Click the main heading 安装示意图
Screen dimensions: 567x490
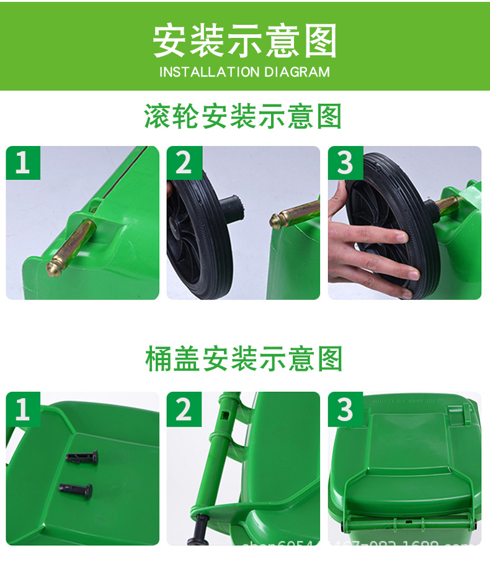pos(245,41)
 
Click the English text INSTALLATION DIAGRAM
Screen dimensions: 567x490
pos(245,72)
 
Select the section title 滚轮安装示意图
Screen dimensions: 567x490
pos(244,116)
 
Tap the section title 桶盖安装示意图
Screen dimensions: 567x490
pos(244,360)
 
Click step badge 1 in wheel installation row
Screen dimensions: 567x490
pos(23,163)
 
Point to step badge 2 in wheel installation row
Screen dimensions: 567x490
pos(184,163)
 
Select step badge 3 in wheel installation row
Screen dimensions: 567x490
pos(345,163)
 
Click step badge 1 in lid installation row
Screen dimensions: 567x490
pos(23,409)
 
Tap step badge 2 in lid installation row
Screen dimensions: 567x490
pos(184,409)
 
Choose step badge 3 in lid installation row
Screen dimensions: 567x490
pos(345,409)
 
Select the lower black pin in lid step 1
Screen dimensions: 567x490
pos(78,491)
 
